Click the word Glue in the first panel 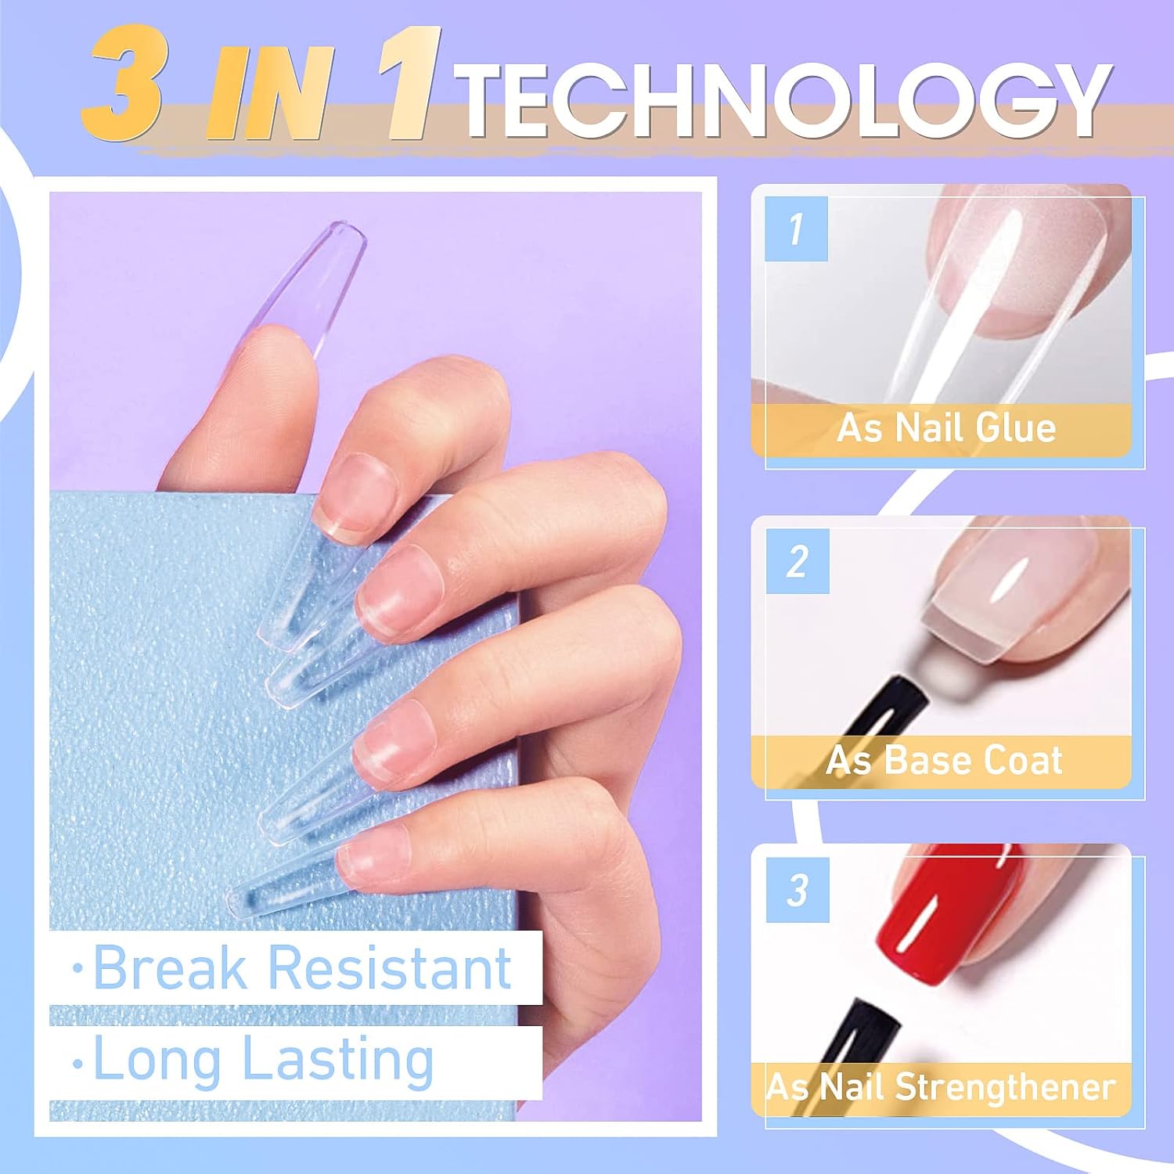(1017, 428)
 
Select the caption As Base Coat (945, 760)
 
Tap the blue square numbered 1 (797, 229)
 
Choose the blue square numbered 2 (798, 561)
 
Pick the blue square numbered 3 (798, 890)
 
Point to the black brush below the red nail (861, 1033)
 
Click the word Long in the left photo (157, 1060)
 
